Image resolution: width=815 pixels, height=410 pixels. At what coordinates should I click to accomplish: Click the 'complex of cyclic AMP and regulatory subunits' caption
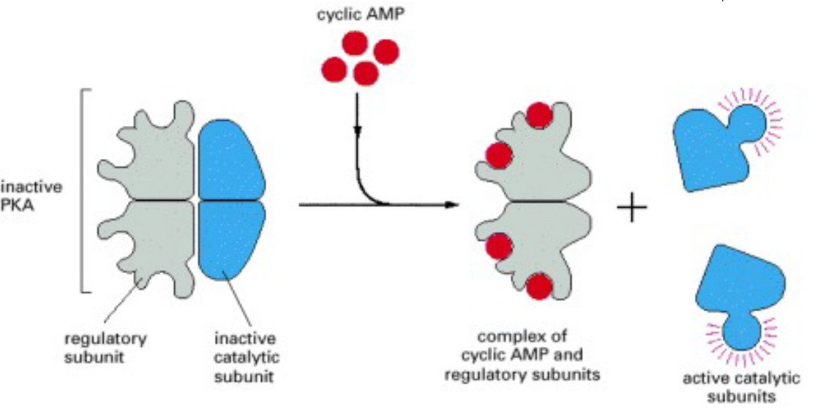pyautogui.click(x=538, y=356)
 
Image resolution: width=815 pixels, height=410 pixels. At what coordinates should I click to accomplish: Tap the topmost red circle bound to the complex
pyautogui.click(x=539, y=115)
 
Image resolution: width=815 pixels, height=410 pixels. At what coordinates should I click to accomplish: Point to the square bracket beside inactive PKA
pyautogui.click(x=83, y=191)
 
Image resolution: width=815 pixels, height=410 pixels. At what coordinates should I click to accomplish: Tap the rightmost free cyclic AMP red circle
pyautogui.click(x=386, y=51)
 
